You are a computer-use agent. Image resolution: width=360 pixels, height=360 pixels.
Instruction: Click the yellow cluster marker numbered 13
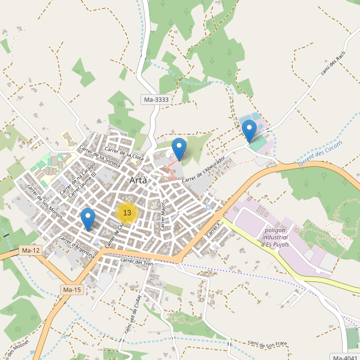[127, 212]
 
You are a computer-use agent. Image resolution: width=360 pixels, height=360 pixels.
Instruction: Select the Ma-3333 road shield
[156, 100]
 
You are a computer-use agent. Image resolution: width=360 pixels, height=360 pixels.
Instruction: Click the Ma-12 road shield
[30, 250]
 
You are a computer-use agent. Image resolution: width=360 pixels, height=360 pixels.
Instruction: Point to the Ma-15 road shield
[71, 290]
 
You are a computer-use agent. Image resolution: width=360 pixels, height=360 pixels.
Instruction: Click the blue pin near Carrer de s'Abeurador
[179, 149]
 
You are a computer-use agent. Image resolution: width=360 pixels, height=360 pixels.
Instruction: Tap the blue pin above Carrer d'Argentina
[88, 219]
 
